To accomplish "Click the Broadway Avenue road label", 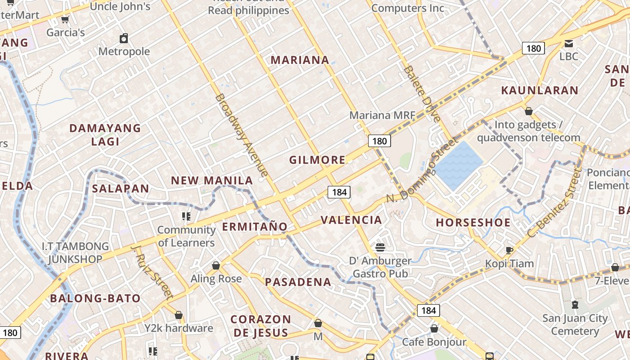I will coord(242,135).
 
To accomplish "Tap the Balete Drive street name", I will coord(422,94).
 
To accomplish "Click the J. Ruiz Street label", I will coord(152,272).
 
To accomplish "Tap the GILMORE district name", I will coord(317,160).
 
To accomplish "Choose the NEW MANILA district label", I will coord(212,180).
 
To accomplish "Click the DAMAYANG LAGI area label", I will coord(105,135).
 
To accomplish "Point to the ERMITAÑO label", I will coord(255,226).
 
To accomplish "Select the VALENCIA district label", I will coord(351,220).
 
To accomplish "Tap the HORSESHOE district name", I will coord(473,222).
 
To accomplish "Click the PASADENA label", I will coord(298,282).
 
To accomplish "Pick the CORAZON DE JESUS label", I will coord(261,326).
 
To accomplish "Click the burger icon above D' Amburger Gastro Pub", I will coord(380,247).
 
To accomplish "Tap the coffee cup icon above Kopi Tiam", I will coord(509,250).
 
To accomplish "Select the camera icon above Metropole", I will coord(124,38).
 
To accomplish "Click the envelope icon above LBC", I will coord(569,43).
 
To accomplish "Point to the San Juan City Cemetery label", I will coord(575,324).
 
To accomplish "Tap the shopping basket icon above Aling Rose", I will coord(216,265).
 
